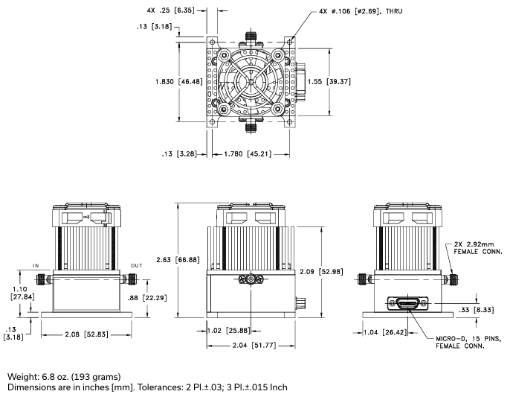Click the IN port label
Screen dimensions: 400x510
click(x=35, y=264)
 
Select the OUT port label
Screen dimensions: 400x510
click(x=136, y=264)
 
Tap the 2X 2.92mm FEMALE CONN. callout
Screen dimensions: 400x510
click(x=473, y=247)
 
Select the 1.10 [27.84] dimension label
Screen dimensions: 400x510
click(x=17, y=292)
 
